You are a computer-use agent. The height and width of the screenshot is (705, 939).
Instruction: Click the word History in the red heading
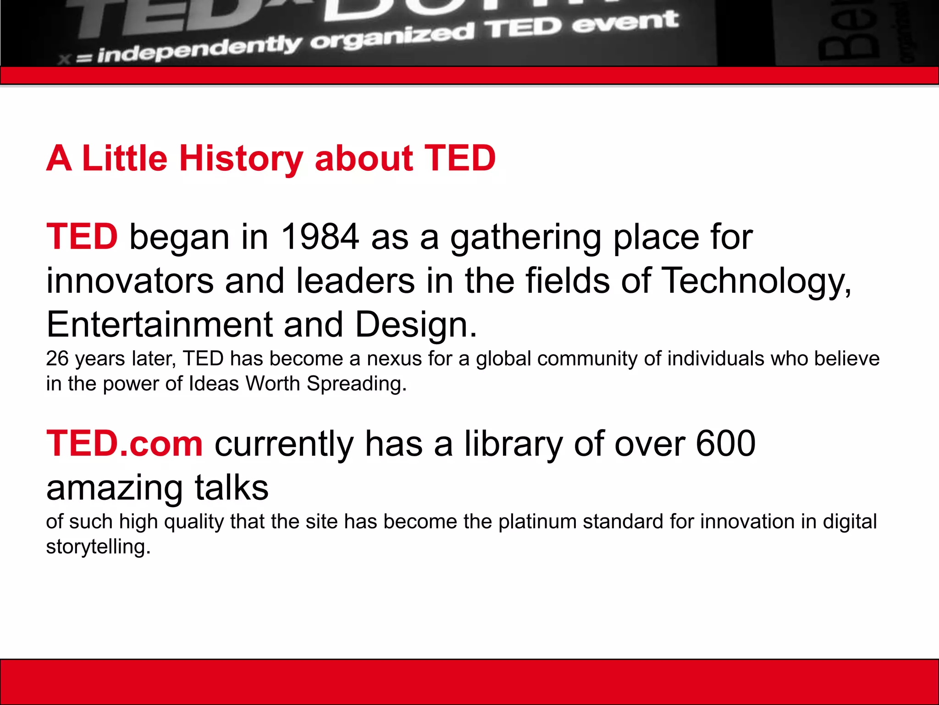[x=241, y=158]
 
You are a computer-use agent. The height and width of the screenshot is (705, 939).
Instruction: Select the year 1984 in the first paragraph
[x=320, y=237]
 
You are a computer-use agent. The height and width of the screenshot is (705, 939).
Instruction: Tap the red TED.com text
[x=124, y=444]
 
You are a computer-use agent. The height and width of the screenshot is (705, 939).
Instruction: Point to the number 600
[x=725, y=444]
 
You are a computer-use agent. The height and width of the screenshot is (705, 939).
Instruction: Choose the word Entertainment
[x=160, y=325]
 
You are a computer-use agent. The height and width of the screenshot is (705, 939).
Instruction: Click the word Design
[x=416, y=325]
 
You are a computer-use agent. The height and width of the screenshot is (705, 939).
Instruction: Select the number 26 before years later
[x=57, y=358]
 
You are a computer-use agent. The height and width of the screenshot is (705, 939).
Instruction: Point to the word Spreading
[x=356, y=384]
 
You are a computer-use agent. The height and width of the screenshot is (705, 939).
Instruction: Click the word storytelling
[x=98, y=547]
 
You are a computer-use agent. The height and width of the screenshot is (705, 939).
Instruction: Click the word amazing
[x=115, y=488]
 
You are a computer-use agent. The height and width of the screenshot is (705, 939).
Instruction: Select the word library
[x=513, y=444]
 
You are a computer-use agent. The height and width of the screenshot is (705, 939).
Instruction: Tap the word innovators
[x=130, y=281]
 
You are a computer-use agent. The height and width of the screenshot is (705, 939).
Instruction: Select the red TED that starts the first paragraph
[x=82, y=237]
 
